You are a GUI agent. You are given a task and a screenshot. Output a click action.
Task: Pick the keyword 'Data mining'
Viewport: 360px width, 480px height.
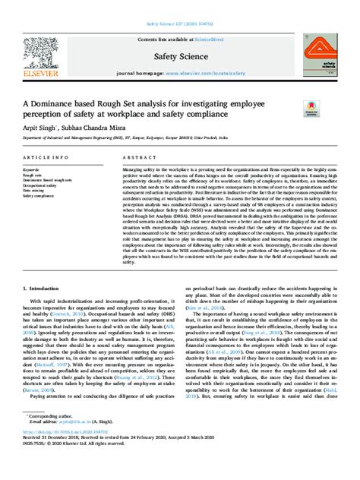pyautogui.click(x=33, y=190)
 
